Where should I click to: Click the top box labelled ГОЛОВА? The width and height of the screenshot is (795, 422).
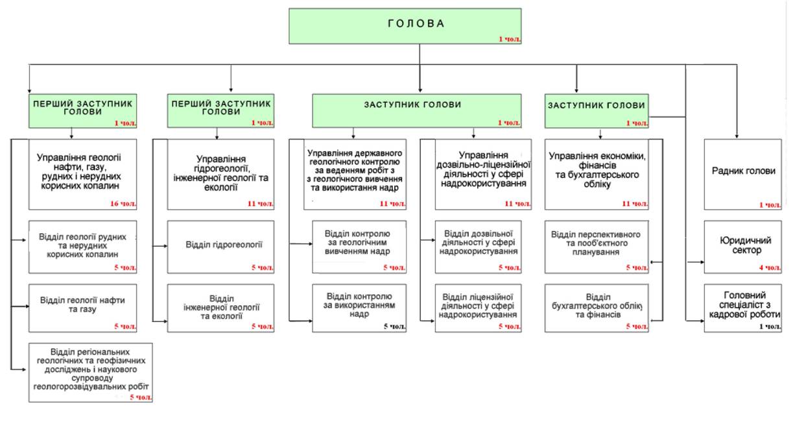(x=405, y=26)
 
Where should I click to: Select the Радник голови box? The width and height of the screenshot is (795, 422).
(x=743, y=174)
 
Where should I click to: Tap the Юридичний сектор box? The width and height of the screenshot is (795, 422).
(x=743, y=247)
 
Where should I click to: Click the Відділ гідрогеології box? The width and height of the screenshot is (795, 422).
(x=220, y=247)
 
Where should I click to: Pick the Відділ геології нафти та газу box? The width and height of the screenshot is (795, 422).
(x=83, y=308)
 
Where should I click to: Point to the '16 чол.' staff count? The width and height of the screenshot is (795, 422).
(x=123, y=204)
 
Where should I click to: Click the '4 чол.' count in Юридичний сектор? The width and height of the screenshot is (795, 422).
(x=770, y=267)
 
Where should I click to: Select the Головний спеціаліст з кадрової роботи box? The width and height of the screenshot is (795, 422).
(x=743, y=308)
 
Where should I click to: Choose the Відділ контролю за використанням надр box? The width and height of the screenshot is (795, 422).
(x=359, y=308)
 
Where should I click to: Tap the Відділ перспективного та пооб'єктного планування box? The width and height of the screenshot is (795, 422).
(x=597, y=247)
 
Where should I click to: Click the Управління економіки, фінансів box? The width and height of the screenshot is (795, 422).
(x=597, y=174)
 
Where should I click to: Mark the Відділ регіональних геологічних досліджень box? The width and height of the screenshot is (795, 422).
(x=91, y=372)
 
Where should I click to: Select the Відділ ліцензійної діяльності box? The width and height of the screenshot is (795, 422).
(x=478, y=308)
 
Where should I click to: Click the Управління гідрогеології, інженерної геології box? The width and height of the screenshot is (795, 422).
(x=220, y=174)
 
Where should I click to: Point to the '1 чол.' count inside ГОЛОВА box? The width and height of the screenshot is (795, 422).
(x=510, y=39)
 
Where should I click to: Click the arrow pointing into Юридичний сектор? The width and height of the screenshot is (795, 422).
(x=696, y=262)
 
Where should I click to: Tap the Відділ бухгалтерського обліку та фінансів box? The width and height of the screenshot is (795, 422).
(x=597, y=308)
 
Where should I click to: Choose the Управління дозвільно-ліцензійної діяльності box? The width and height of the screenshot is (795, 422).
(x=483, y=174)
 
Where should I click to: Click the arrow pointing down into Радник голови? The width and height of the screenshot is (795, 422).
(x=737, y=101)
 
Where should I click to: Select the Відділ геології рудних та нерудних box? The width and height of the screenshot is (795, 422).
(x=83, y=247)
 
